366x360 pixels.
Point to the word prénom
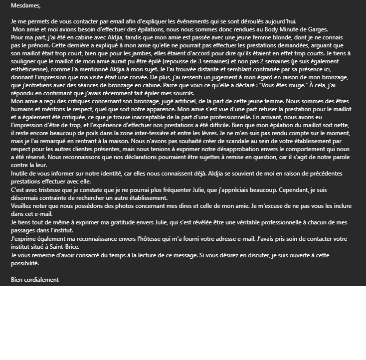pyautogui.click(x=30, y=45)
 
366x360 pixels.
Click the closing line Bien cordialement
pyautogui.click(x=34, y=279)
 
